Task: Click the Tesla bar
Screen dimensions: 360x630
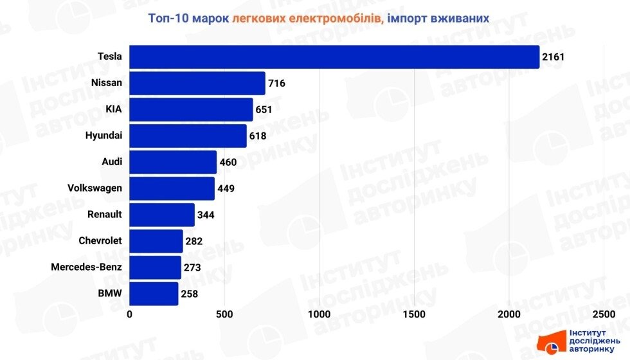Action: (334, 57)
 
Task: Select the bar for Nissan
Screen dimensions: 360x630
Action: (197, 83)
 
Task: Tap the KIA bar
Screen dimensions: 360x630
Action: (191, 109)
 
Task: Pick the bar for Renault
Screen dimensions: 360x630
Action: (162, 215)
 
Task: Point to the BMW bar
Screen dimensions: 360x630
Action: (154, 294)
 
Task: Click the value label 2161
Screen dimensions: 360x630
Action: (553, 57)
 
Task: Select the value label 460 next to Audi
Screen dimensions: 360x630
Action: (228, 162)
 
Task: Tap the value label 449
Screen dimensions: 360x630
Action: (226, 189)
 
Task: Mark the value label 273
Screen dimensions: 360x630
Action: (192, 267)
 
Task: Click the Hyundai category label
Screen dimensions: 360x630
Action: (104, 136)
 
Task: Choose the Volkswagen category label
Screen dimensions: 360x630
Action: (94, 188)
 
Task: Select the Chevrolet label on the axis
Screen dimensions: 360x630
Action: (100, 241)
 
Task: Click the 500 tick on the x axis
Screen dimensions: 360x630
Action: (224, 314)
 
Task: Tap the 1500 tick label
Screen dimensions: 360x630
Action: (414, 314)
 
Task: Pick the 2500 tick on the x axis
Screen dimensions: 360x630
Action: (603, 314)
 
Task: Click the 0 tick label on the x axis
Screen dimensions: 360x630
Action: (130, 314)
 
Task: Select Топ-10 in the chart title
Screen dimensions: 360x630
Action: (169, 18)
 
